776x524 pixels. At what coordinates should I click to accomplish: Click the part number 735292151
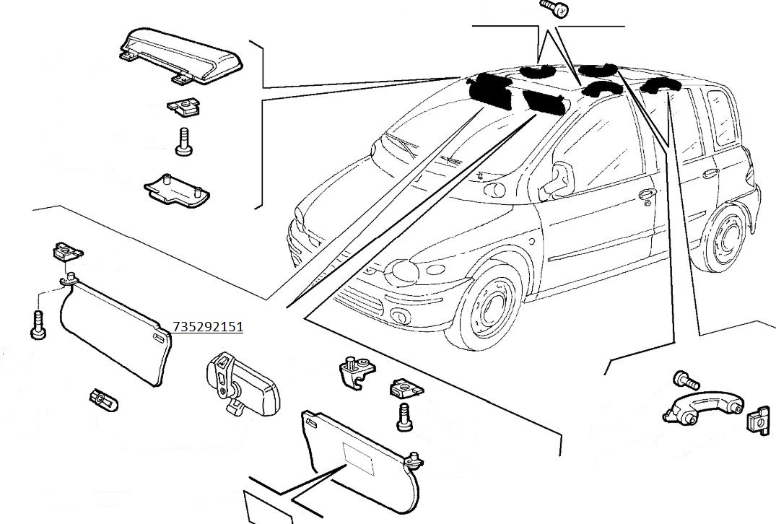point(208,327)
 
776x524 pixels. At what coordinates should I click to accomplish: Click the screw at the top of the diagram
point(554,9)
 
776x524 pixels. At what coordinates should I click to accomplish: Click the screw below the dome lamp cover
point(183,141)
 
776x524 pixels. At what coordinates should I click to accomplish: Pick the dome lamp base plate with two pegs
point(176,189)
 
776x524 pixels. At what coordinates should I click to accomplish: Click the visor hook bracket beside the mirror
point(355,370)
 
